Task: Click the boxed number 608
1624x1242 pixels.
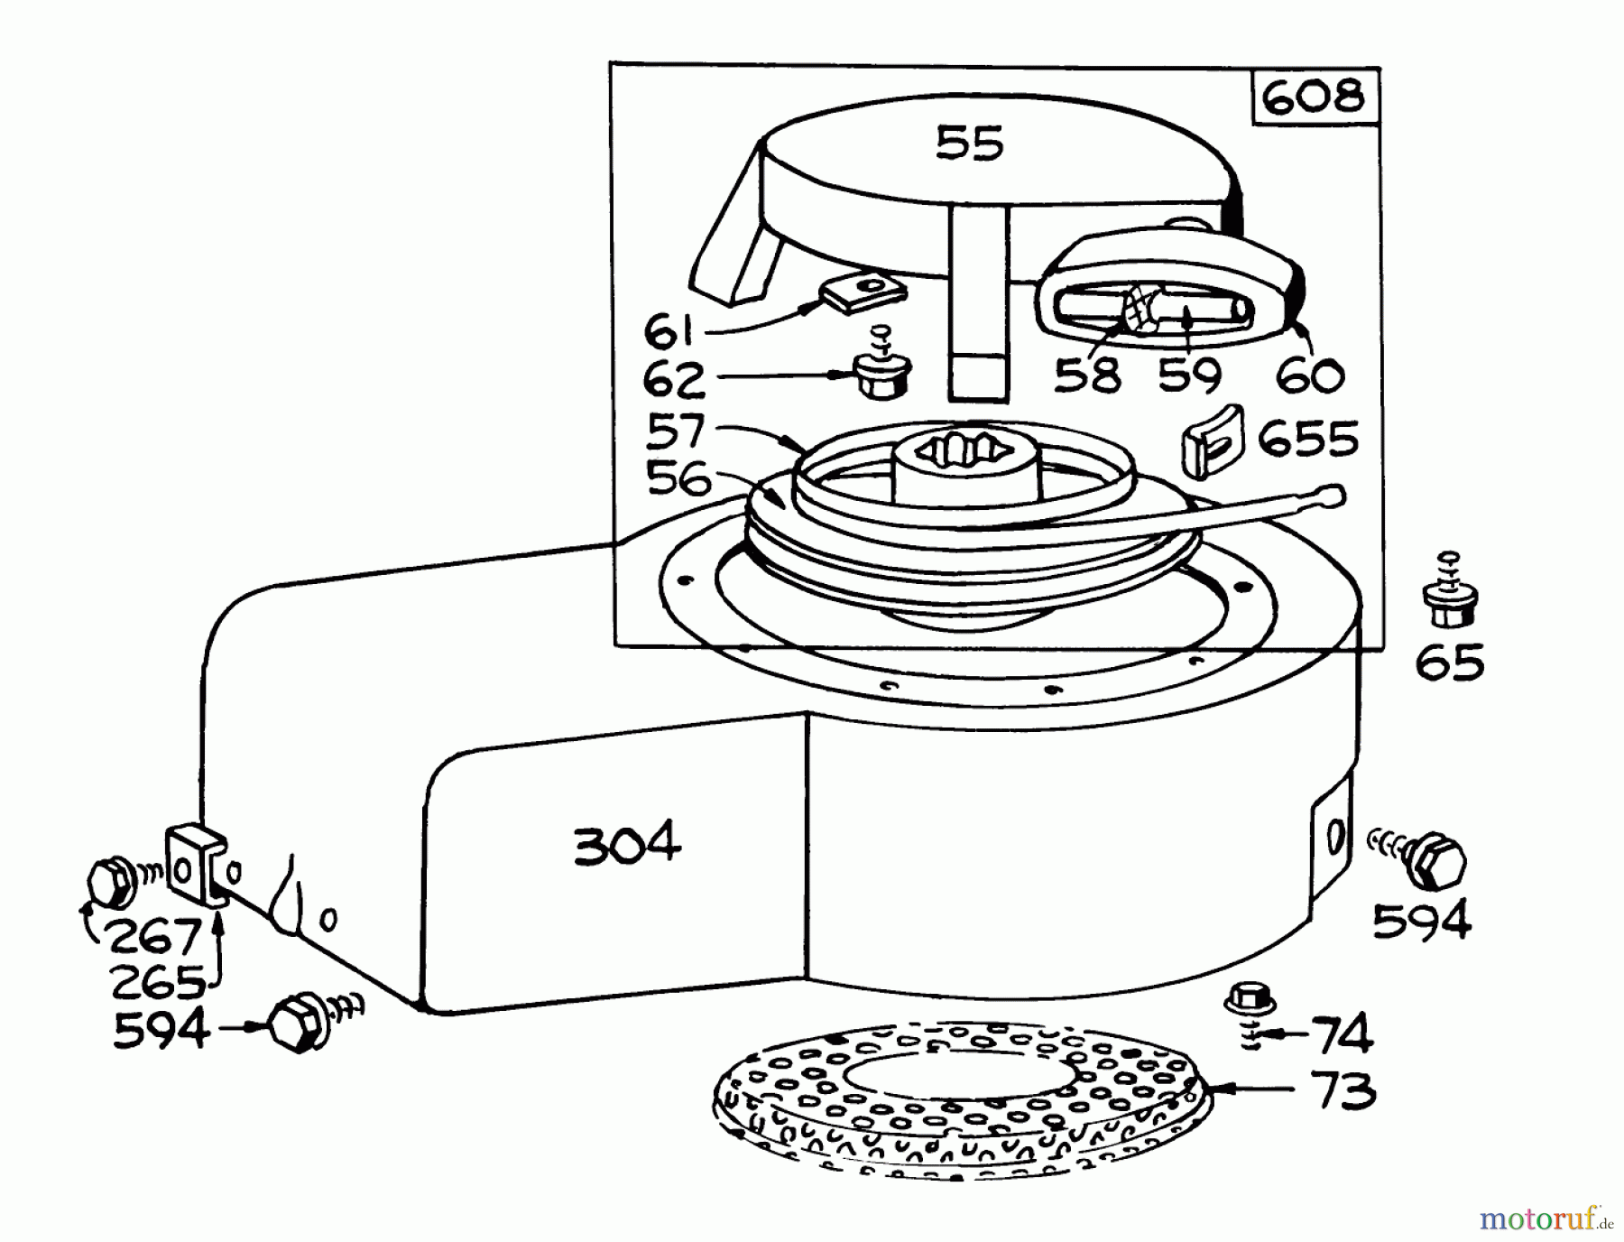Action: click(x=1315, y=97)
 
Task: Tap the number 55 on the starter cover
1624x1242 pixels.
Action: click(x=970, y=143)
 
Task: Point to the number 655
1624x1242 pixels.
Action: click(x=1307, y=440)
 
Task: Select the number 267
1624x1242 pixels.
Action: click(x=152, y=938)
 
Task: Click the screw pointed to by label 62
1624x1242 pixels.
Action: click(x=880, y=374)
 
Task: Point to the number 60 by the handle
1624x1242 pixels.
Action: click(x=1311, y=375)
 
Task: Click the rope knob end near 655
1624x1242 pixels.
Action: click(x=1333, y=495)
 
